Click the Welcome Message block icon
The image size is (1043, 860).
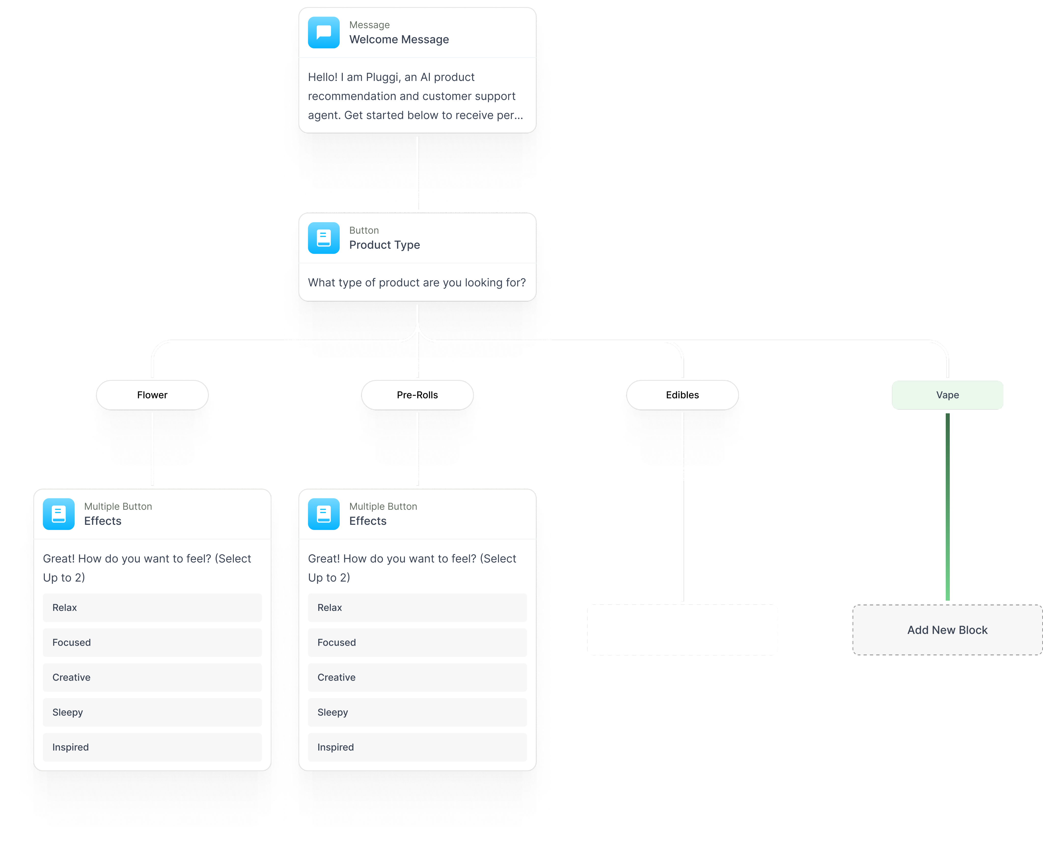[324, 33]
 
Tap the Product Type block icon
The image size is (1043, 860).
[324, 238]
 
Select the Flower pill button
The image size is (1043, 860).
[152, 395]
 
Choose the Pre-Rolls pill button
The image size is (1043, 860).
[417, 395]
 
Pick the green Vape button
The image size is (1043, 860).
[947, 395]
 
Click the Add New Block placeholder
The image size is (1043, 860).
[947, 630]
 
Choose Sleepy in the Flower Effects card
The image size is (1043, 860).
[152, 712]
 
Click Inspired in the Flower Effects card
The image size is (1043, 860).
[152, 747]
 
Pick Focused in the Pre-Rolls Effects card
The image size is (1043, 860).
[417, 643]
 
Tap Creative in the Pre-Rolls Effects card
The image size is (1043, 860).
[417, 677]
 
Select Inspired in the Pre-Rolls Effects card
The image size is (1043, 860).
[417, 747]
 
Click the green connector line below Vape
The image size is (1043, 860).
[947, 505]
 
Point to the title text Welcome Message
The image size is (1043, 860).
[399, 40]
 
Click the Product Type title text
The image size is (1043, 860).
[385, 245]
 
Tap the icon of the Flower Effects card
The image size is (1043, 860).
[59, 514]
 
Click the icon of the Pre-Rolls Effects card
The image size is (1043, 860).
[324, 514]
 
